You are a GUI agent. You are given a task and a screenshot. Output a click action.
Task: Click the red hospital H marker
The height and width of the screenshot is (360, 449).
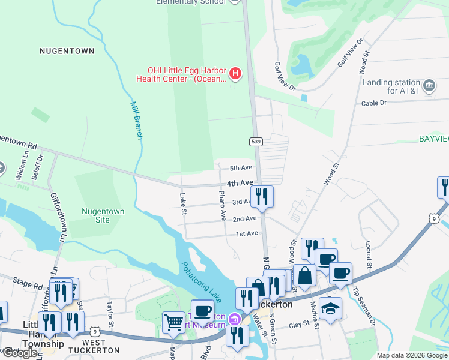coord(235,74)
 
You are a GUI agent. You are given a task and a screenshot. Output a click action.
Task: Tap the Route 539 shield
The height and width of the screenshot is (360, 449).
coord(256,142)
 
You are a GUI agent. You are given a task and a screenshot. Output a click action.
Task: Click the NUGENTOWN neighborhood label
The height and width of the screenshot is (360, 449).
coord(67,52)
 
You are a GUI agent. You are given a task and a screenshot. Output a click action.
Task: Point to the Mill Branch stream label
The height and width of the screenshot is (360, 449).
coord(137,120)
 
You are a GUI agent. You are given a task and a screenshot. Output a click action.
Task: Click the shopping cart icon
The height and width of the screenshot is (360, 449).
coord(173,322)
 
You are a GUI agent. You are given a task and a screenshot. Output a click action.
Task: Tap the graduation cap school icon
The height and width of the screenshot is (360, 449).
coord(330,308)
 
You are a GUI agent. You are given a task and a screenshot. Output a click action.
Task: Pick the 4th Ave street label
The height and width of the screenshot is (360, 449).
coord(240,182)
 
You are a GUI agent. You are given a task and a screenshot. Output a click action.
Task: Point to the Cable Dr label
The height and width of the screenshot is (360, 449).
coord(374,103)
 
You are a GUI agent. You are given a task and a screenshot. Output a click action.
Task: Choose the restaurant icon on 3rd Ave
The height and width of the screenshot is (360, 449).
coord(262,196)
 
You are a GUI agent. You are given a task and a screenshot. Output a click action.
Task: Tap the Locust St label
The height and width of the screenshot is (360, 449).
coord(368,253)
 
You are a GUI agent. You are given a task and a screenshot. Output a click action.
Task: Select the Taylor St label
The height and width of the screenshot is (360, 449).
coord(110,315)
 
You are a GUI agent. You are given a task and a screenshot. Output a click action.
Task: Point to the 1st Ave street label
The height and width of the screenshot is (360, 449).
coord(246,233)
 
